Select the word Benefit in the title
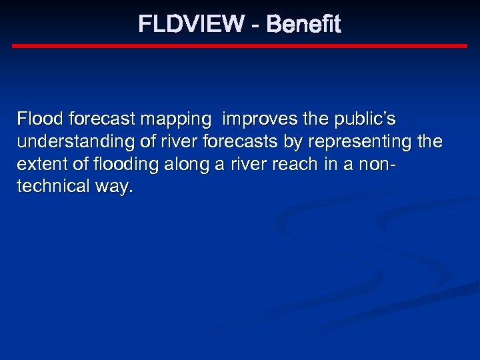click(303, 25)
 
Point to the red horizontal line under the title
click(240, 46)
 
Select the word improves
click(258, 119)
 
